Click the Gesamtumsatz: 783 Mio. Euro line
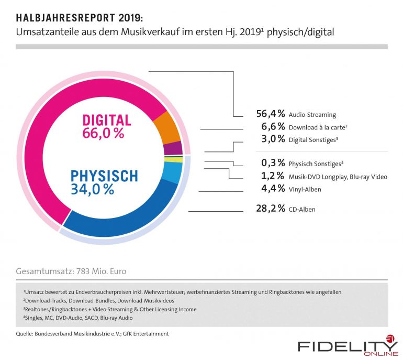pos(71,271)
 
